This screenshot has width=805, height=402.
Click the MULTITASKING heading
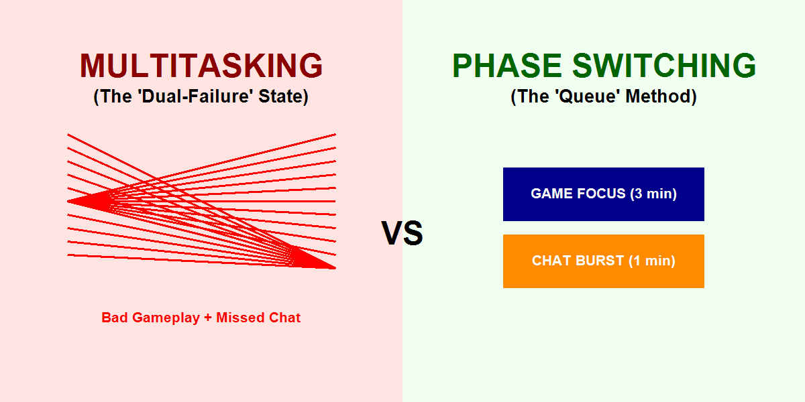click(x=201, y=66)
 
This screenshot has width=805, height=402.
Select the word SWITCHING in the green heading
click(x=663, y=66)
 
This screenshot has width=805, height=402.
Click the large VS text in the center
click(x=402, y=234)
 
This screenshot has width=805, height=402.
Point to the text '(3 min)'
click(x=653, y=194)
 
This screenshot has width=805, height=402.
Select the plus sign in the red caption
click(x=209, y=318)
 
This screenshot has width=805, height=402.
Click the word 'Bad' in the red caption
click(x=115, y=318)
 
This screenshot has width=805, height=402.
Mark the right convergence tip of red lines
click(x=333, y=267)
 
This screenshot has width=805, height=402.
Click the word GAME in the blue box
click(x=551, y=194)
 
